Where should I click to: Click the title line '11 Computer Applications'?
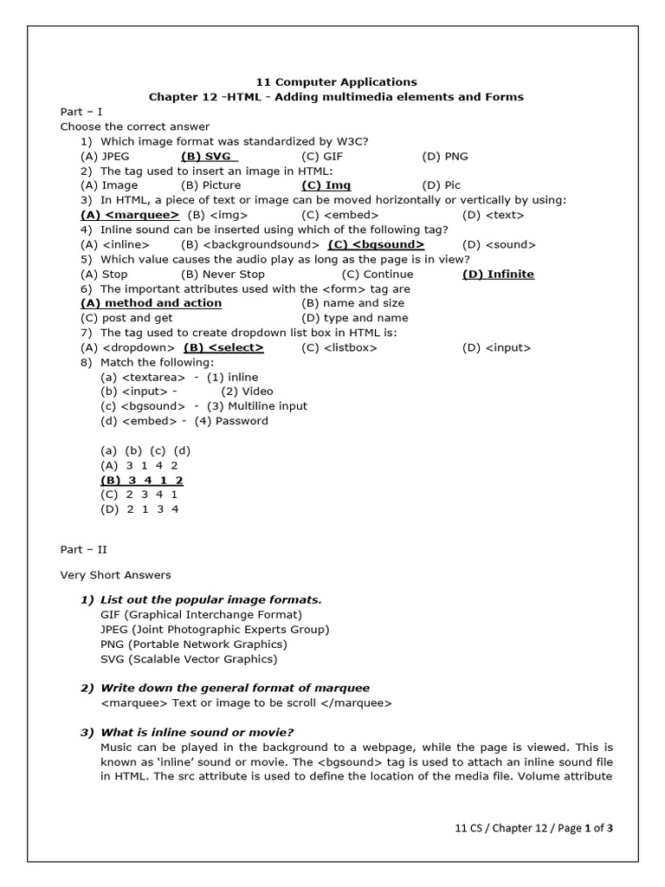(333, 82)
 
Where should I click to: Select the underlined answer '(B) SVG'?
(209, 156)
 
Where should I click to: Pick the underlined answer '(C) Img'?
(326, 185)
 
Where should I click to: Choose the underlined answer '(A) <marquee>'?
(130, 215)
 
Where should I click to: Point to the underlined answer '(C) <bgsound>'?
(376, 244)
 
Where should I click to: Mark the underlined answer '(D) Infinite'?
(498, 274)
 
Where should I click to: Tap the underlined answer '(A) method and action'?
(151, 303)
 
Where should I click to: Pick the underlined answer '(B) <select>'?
(223, 347)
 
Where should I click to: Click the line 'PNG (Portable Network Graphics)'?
(193, 644)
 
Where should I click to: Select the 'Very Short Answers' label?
(115, 574)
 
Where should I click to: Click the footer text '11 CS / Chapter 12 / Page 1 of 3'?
(534, 827)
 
